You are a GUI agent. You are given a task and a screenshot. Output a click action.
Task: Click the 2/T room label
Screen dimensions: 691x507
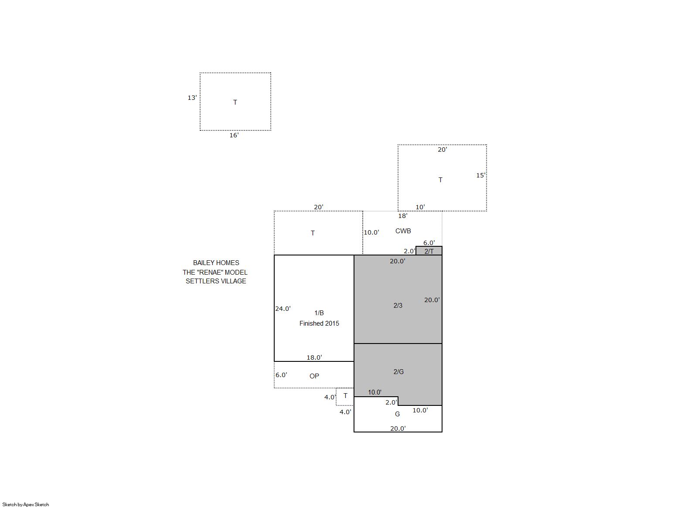(x=429, y=252)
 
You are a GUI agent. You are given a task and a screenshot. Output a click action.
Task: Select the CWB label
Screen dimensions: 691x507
(x=403, y=231)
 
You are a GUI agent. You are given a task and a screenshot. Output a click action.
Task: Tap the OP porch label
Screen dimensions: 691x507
(x=314, y=376)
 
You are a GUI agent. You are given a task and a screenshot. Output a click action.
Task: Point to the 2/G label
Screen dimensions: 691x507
(x=398, y=371)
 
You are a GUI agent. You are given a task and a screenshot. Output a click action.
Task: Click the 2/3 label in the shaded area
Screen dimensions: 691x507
(x=398, y=305)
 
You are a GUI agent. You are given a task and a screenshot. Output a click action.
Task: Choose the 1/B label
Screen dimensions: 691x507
(x=319, y=313)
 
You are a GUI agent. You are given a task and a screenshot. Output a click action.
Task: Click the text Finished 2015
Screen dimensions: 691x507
(x=319, y=323)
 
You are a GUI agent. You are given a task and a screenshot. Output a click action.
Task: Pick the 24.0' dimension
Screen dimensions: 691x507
(x=283, y=308)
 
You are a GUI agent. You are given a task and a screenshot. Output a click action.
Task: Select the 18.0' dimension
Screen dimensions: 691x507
(x=314, y=357)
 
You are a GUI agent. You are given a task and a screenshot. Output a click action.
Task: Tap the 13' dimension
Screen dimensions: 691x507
(x=192, y=98)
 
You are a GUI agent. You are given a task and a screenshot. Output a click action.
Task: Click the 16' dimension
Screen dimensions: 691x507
(x=234, y=136)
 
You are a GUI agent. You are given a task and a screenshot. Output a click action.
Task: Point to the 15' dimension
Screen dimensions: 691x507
(x=480, y=176)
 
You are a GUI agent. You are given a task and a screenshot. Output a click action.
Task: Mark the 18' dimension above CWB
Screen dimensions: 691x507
(x=402, y=216)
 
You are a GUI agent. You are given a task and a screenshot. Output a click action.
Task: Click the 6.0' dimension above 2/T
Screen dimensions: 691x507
(x=429, y=243)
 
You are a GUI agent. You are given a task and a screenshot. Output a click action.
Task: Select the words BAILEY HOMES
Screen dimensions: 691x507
(x=216, y=263)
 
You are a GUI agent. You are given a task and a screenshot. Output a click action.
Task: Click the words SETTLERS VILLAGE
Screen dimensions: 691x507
(x=216, y=281)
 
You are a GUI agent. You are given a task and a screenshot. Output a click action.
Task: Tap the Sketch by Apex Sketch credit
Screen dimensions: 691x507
(x=26, y=504)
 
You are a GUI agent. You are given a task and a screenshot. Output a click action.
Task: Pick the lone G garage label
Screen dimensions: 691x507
(x=397, y=414)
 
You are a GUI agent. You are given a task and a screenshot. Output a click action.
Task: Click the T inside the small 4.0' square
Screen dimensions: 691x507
(x=345, y=396)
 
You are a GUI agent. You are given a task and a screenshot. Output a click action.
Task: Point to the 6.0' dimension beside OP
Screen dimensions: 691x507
(x=281, y=375)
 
